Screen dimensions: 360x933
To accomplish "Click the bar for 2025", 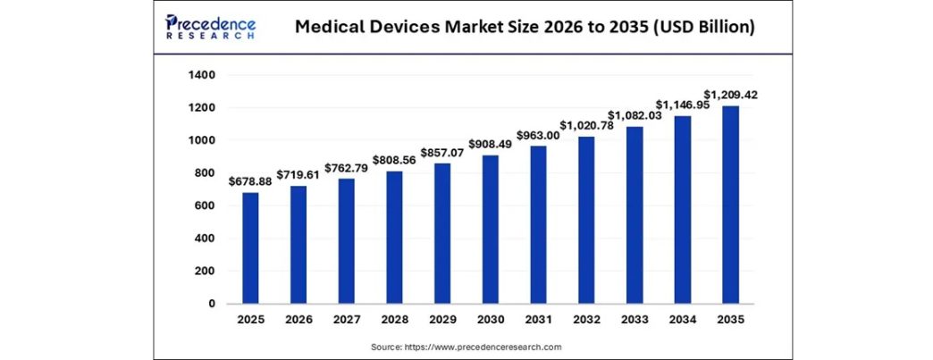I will [250, 248].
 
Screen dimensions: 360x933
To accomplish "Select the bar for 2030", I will [491, 230].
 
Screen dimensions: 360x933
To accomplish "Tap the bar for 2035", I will [730, 205].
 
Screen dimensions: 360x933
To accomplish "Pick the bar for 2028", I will [394, 238].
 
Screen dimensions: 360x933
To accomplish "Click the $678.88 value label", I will [250, 181].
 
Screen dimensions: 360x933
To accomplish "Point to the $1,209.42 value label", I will [731, 95].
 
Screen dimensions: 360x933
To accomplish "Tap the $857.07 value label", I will [442, 152].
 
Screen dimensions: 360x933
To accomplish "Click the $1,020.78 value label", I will [587, 125].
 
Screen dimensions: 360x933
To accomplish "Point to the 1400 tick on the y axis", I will [202, 75].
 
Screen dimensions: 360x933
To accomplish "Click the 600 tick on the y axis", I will [206, 205].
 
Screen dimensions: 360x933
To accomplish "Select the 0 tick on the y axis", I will [212, 304].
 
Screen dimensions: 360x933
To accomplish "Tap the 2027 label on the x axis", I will [347, 319].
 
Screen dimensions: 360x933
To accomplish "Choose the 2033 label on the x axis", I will [635, 319].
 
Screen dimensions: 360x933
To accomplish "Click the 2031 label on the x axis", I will [539, 319].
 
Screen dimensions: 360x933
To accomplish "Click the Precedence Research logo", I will [211, 28].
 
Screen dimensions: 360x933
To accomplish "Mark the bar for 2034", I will [683, 210].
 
